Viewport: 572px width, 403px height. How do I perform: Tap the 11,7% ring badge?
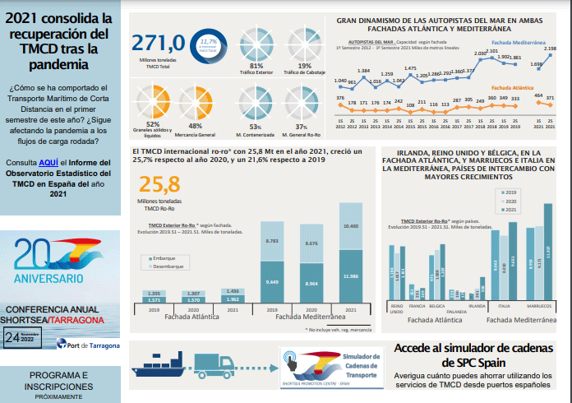pyautogui.click(x=209, y=47)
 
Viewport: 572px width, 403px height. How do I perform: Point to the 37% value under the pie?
pyautogui.click(x=302, y=127)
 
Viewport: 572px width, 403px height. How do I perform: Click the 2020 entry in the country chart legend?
pyautogui.click(x=511, y=201)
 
